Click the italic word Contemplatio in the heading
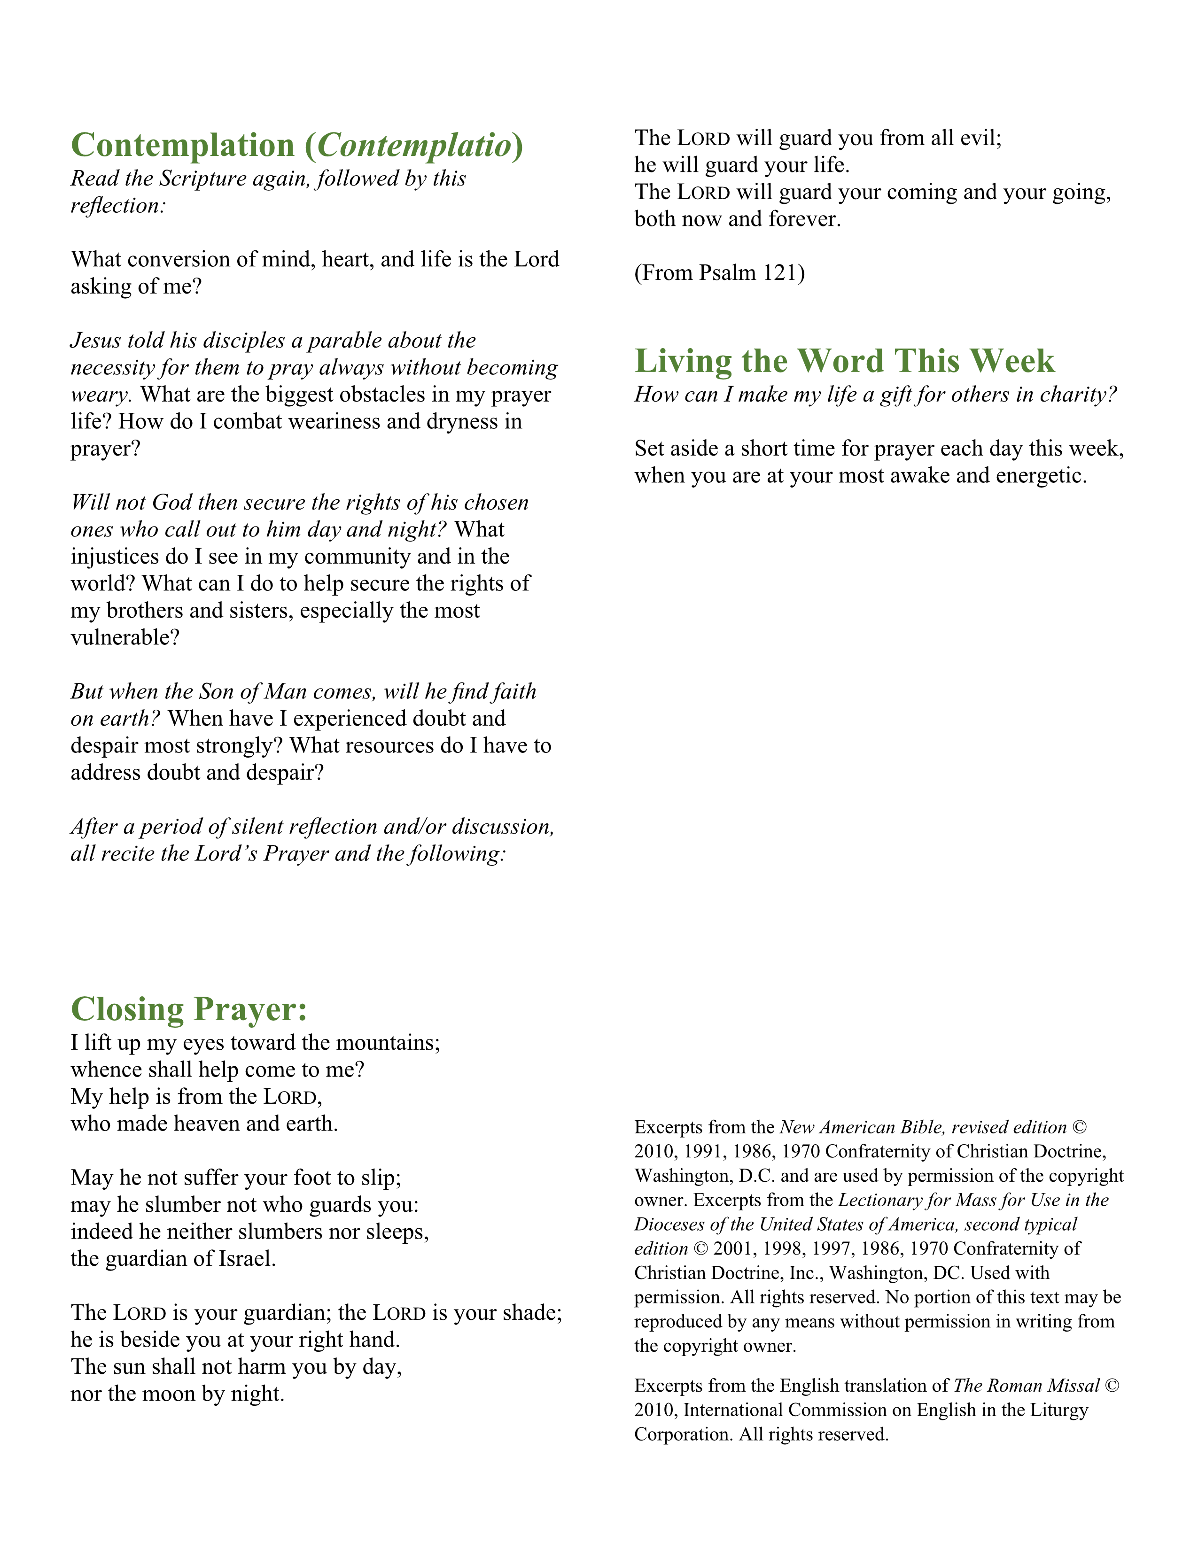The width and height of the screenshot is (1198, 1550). coord(414,146)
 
